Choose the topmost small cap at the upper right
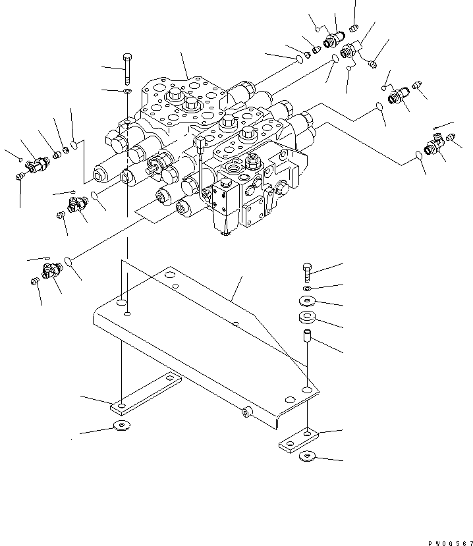pyautogui.click(x=354, y=28)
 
